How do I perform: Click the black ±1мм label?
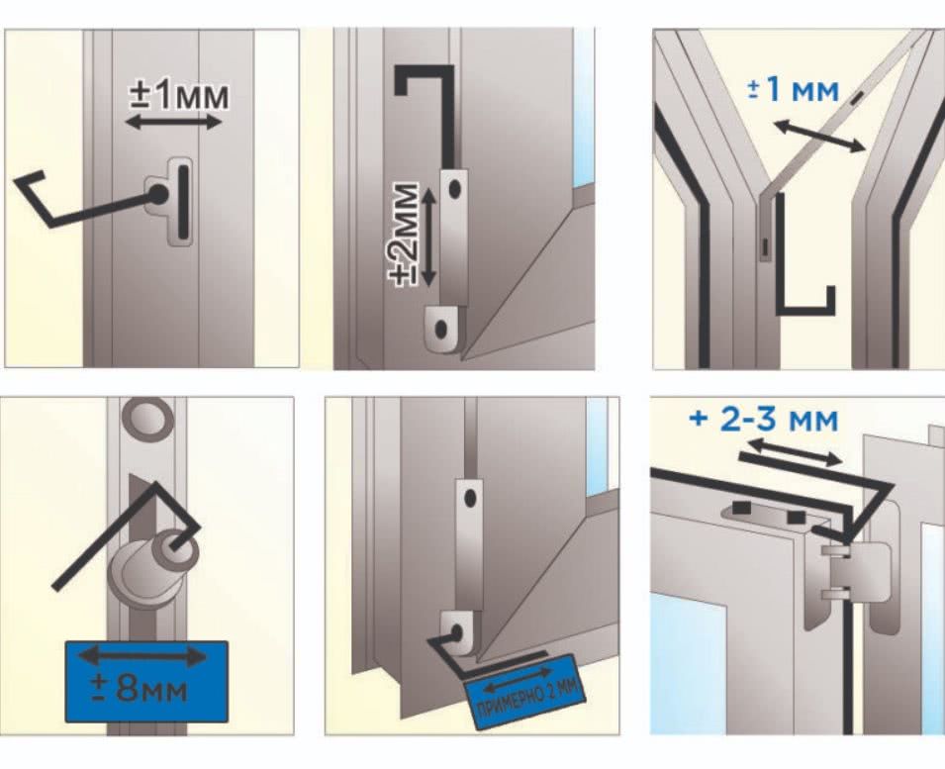click(x=179, y=96)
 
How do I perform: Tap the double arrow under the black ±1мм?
click(x=173, y=123)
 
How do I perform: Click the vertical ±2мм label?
click(x=403, y=233)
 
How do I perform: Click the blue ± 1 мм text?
click(x=794, y=90)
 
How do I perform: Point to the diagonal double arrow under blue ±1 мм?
click(x=819, y=137)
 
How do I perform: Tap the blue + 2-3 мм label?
click(x=764, y=419)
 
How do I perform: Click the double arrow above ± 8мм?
click(x=142, y=656)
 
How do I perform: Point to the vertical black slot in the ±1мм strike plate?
click(x=182, y=201)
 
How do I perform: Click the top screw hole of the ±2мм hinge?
click(x=455, y=189)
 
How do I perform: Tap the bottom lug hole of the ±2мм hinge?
click(x=441, y=329)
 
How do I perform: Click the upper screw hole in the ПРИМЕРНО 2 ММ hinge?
click(x=471, y=499)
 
